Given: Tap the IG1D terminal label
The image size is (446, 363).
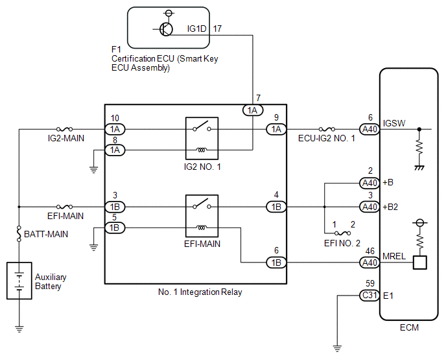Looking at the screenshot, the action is [196, 29].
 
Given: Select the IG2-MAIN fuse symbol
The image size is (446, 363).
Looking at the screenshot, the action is [65, 129].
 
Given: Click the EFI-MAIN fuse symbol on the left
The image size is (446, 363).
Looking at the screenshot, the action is [65, 207].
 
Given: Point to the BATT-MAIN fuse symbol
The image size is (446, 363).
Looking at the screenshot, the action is [19, 234].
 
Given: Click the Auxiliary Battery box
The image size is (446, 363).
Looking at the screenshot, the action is [19, 281].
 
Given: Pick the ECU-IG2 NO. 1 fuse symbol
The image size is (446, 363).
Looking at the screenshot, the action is [327, 129].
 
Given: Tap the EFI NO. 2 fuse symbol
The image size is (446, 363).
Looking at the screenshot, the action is [342, 233].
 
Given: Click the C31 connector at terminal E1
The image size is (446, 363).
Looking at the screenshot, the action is [370, 296].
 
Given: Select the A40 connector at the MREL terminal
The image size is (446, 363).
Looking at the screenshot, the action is [370, 263].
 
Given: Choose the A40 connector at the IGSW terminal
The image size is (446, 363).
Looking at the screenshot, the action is [370, 130].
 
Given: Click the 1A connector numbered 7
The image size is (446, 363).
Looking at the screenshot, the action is [253, 110].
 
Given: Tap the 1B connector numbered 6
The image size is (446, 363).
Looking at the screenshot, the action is [276, 263].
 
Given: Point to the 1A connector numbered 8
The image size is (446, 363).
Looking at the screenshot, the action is [115, 150].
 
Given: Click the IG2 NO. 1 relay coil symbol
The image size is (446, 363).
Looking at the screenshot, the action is [202, 150].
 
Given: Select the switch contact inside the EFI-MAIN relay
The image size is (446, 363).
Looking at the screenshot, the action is [202, 204].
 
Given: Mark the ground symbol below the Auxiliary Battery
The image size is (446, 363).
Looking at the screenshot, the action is [19, 329].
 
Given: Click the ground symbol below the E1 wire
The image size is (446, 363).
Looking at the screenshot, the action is [337, 348].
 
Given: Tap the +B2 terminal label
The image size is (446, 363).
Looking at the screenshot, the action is [390, 207].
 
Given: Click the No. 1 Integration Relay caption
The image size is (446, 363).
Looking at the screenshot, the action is [200, 292].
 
